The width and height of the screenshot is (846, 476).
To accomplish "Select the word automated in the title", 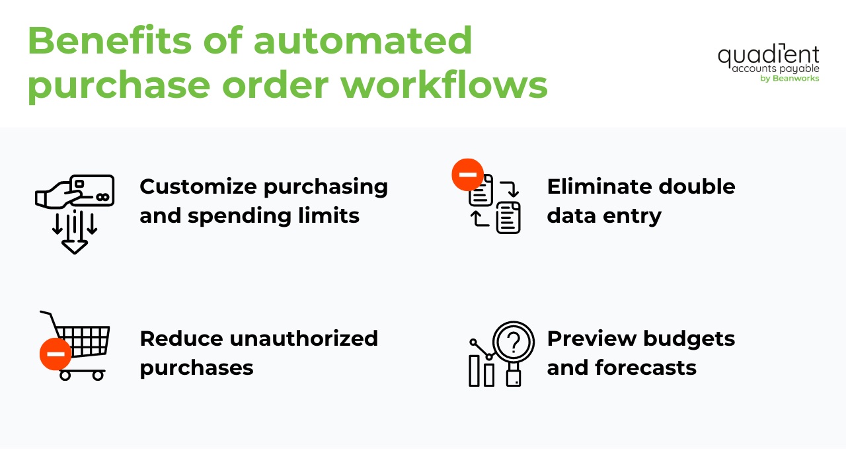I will tap(363, 41).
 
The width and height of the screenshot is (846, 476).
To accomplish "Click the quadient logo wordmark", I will tap(768, 55).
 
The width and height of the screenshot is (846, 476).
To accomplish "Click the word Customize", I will tap(199, 187).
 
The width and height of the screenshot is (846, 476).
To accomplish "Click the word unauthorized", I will tap(303, 338).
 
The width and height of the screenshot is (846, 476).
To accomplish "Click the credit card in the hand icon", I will tap(92, 190).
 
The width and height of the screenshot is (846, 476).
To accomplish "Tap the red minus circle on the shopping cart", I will tap(56, 354).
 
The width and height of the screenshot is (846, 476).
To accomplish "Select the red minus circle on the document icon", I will tap(467, 175).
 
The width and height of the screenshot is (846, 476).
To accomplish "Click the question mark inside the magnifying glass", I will tap(514, 342).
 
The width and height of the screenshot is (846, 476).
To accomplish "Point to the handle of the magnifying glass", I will tap(514, 376).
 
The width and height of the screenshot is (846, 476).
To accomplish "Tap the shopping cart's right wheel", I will tap(98, 375).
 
